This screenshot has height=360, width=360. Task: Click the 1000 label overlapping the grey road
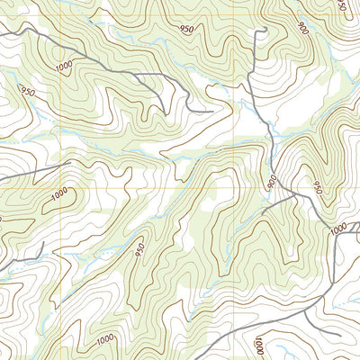337,230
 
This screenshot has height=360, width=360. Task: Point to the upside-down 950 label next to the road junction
317,186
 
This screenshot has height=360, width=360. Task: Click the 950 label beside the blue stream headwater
26,92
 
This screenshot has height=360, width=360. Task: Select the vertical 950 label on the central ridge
139,248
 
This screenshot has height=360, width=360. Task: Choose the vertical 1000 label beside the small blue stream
258,344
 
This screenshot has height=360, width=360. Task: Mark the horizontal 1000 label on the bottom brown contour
103,338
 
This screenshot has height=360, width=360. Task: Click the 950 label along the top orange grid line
187,29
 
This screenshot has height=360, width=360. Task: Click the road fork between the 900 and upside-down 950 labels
290,192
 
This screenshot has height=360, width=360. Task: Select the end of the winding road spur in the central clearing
212,112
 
